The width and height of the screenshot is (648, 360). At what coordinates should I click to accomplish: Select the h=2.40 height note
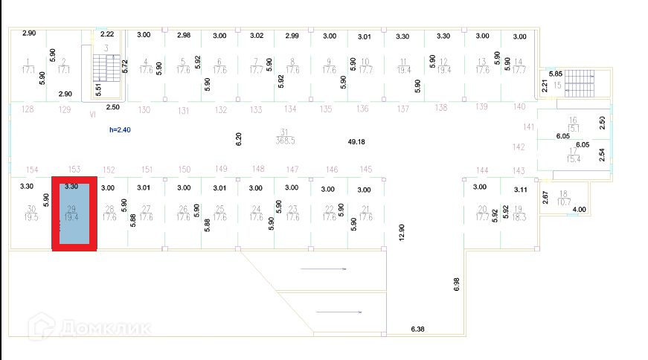(121, 129)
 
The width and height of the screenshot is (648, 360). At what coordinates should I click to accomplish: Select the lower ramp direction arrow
(339, 312)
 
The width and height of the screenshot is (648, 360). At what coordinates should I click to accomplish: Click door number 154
(32, 170)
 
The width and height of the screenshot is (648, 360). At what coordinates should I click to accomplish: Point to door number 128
(28, 109)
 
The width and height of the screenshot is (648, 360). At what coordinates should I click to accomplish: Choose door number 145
(365, 170)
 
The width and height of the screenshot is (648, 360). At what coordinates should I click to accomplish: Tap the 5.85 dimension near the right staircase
(556, 74)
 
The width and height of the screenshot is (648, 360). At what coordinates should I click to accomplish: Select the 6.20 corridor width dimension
(238, 138)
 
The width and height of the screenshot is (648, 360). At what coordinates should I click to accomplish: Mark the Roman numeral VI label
(93, 115)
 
